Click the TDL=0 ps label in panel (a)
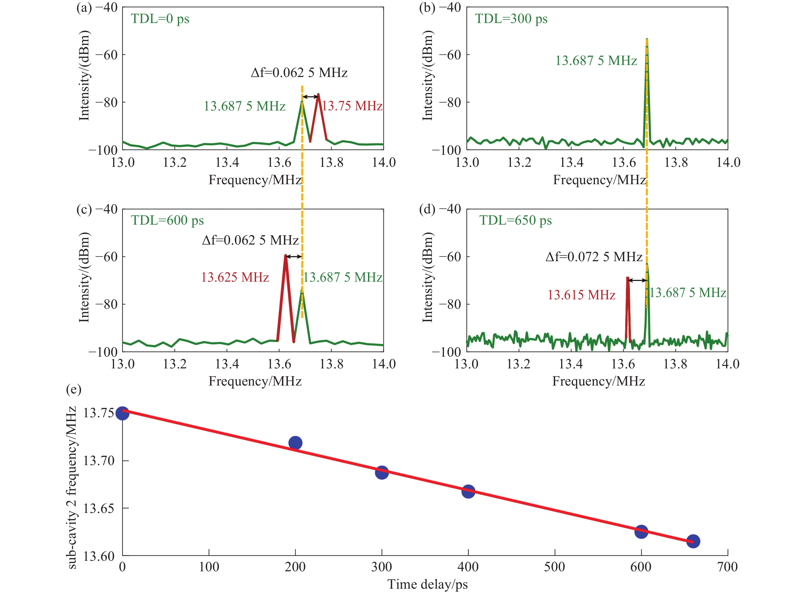160,19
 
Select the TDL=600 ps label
167,220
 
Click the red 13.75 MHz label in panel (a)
352,106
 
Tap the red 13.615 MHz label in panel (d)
581,295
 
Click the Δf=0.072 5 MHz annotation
593,257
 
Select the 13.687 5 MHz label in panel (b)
596,61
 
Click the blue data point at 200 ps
295,443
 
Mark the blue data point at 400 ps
468,491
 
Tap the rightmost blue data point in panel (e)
693,541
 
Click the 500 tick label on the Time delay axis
554,567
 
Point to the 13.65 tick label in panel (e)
99,509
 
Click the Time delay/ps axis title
428,584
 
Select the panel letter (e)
74,389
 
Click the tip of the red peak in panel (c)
285,256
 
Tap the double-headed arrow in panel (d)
637,280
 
